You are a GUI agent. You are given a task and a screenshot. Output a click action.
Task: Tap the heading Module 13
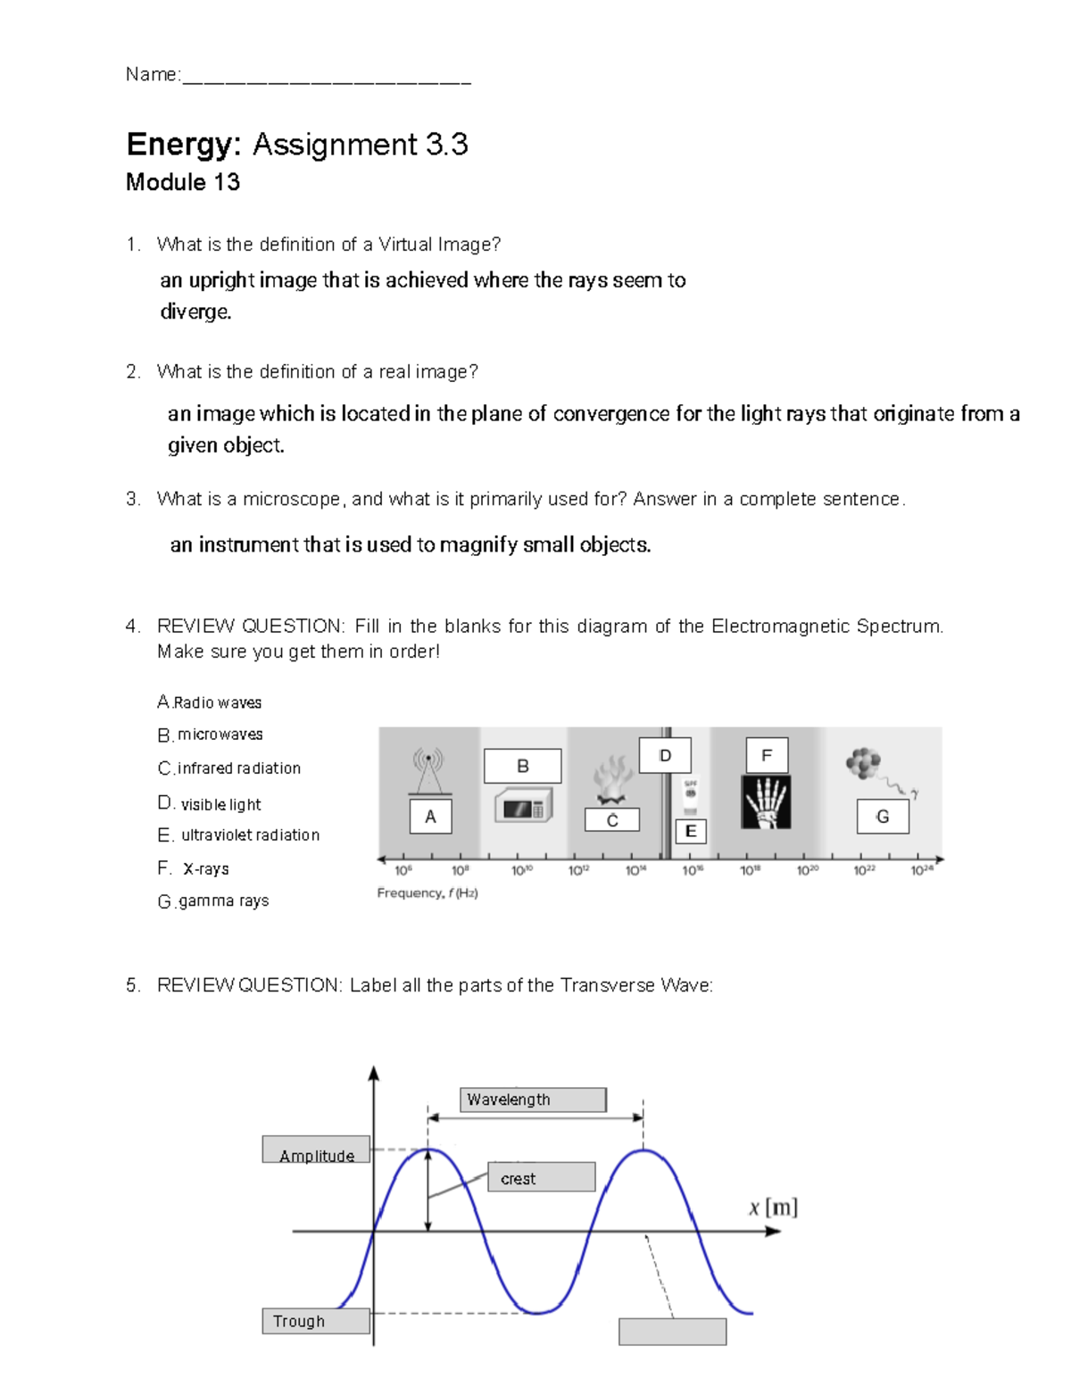(x=183, y=183)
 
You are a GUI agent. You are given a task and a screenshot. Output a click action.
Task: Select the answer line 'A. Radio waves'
(x=210, y=702)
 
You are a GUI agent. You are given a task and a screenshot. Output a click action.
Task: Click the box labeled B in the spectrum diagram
(x=522, y=766)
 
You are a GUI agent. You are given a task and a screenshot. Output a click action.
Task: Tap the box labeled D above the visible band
(x=665, y=755)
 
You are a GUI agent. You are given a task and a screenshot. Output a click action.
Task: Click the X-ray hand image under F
(x=766, y=801)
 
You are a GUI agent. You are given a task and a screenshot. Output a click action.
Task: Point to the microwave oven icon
(x=523, y=807)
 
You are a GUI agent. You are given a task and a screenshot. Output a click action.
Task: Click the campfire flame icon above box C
(x=612, y=780)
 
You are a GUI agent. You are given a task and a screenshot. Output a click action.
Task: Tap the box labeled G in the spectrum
(x=883, y=817)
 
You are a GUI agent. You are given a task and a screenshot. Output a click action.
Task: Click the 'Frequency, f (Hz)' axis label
(x=428, y=893)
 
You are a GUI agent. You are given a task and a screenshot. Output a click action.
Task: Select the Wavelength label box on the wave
(x=533, y=1100)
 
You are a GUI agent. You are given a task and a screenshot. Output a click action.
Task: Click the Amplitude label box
(x=316, y=1150)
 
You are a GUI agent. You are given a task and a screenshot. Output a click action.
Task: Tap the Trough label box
(x=316, y=1321)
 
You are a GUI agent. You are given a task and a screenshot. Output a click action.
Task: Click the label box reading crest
(x=541, y=1177)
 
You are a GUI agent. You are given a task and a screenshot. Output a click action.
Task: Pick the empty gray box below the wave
(x=672, y=1332)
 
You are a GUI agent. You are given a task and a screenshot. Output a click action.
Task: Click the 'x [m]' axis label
(x=773, y=1208)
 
